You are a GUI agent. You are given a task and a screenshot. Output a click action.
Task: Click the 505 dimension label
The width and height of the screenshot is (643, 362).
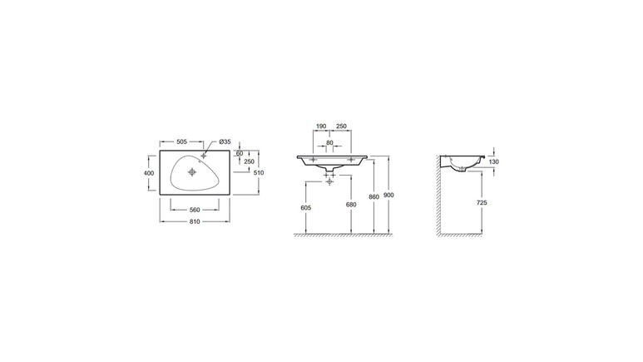point(181,141)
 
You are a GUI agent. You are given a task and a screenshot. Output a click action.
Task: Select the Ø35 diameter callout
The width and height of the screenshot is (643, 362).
point(225,141)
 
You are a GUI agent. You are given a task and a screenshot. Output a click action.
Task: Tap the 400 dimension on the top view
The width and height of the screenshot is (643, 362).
point(149,173)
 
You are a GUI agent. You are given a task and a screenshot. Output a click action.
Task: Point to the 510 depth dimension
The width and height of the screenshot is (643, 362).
point(259,173)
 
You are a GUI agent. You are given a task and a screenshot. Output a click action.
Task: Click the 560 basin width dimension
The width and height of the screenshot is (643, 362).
point(195,210)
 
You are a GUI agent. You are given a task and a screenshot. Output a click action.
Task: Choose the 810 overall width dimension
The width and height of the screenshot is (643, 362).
point(195,221)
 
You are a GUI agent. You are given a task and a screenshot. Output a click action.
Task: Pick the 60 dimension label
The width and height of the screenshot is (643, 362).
point(240,153)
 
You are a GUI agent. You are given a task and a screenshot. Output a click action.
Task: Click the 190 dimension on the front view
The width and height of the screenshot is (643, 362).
point(321,126)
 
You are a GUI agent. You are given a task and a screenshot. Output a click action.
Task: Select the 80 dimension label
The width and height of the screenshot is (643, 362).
point(329,143)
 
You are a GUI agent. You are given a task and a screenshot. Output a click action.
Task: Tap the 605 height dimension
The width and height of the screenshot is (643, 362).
point(306,208)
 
